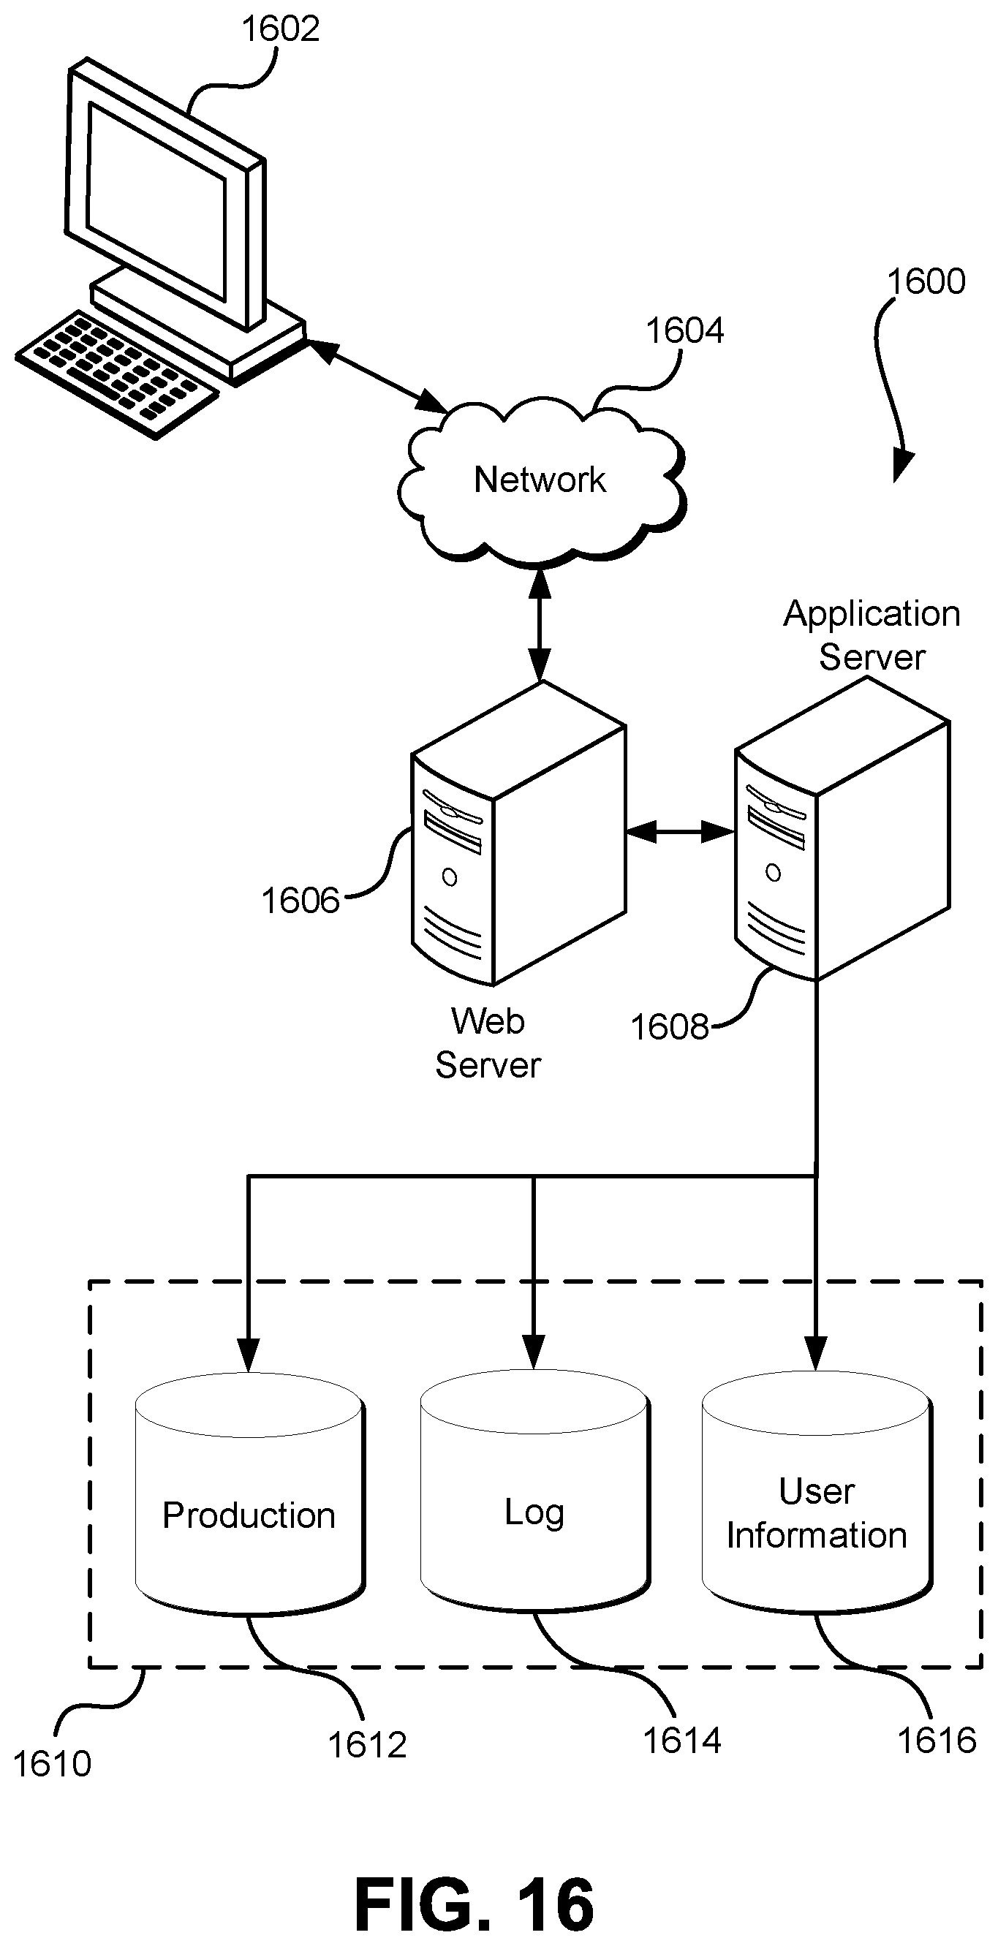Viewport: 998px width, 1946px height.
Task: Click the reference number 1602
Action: coord(280,29)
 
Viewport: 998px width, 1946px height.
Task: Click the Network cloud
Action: coord(541,480)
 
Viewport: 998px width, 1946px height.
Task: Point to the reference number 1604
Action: coord(684,331)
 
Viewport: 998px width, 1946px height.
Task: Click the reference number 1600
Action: coord(926,281)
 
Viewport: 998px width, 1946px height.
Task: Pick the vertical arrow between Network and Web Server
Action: coord(540,624)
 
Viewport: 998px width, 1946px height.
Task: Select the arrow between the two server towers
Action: coord(680,833)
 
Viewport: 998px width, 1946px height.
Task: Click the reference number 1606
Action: coord(300,901)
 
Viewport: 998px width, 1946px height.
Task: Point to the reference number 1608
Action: coord(670,1027)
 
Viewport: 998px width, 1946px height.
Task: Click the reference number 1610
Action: coord(52,1764)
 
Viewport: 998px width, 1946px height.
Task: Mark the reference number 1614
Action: coord(681,1741)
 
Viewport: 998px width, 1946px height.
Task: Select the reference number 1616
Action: coord(937,1741)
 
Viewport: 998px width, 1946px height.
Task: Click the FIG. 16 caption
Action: coord(474,1904)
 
